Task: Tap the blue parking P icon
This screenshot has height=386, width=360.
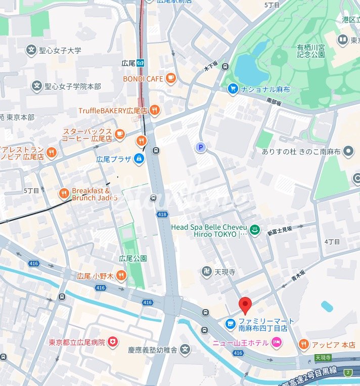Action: [201, 147]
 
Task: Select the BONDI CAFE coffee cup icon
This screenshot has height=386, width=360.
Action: [171, 78]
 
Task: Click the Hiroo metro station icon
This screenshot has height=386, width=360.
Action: [145, 63]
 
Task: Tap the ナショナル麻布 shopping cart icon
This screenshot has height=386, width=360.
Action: [233, 88]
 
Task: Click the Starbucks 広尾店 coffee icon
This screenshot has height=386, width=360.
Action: [119, 134]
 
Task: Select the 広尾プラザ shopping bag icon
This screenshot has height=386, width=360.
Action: [139, 159]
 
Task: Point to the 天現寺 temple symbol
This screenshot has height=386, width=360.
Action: [206, 272]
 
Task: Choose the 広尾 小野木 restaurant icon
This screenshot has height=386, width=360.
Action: [120, 276]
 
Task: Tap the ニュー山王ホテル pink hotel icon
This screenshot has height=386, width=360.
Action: [277, 343]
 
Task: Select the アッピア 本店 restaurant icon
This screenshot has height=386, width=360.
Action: [303, 345]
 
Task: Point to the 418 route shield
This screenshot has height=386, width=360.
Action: [162, 215]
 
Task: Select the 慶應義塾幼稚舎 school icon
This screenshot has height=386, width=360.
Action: [186, 350]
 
